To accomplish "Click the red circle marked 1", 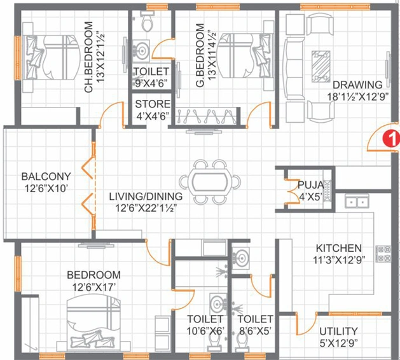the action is tap(392, 138).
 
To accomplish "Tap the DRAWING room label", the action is tap(357, 85).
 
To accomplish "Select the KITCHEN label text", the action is tap(339, 248).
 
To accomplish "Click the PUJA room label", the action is tap(311, 184).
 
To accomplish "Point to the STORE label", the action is tap(153, 104).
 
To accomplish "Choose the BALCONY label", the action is tap(46, 176).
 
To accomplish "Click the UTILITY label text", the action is tap(338, 331).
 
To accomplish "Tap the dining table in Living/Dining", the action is tap(210, 182).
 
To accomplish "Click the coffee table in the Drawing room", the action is tap(321, 66).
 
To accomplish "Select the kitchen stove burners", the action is tap(383, 254).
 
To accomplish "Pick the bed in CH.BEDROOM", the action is tap(51, 57).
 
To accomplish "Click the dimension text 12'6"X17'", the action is tap(93, 287).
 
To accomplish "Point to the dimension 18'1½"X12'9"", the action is tap(357, 97).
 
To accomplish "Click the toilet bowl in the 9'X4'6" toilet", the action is tap(148, 22).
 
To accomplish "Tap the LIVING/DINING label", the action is tap(146, 197).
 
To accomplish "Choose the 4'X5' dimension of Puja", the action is tap(310, 197).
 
